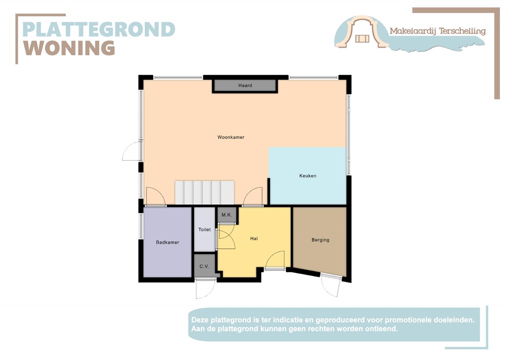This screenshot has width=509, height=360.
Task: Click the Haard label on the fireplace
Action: point(245,86)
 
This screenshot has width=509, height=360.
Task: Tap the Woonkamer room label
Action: point(231,137)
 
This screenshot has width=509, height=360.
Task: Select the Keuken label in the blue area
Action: point(308,176)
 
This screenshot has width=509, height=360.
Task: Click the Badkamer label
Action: point(167,243)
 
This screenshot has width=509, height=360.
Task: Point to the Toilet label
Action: point(204,230)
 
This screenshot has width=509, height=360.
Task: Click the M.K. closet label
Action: point(227,215)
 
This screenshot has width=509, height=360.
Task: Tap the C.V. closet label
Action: point(204,267)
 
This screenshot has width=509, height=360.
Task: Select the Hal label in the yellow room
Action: point(254,239)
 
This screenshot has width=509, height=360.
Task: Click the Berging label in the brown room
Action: point(320,240)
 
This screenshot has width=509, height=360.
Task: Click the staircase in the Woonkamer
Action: point(204,192)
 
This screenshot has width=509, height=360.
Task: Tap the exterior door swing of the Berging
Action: point(330,285)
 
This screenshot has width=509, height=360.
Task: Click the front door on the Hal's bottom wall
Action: point(275,260)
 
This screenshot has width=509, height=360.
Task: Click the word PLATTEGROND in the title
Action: point(99,29)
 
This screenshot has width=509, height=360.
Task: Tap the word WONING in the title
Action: point(70,48)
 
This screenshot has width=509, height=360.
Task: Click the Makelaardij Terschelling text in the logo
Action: point(437,31)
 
